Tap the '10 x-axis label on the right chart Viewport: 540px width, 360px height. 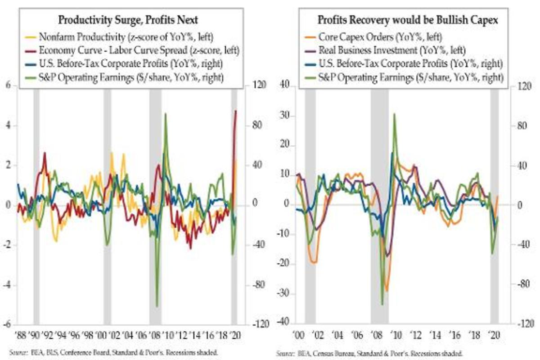[396, 335]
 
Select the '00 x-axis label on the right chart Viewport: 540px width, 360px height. [298, 335]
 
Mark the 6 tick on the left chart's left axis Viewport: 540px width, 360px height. [8, 85]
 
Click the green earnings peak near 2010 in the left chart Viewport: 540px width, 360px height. [166, 114]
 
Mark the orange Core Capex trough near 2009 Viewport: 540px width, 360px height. [386, 290]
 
